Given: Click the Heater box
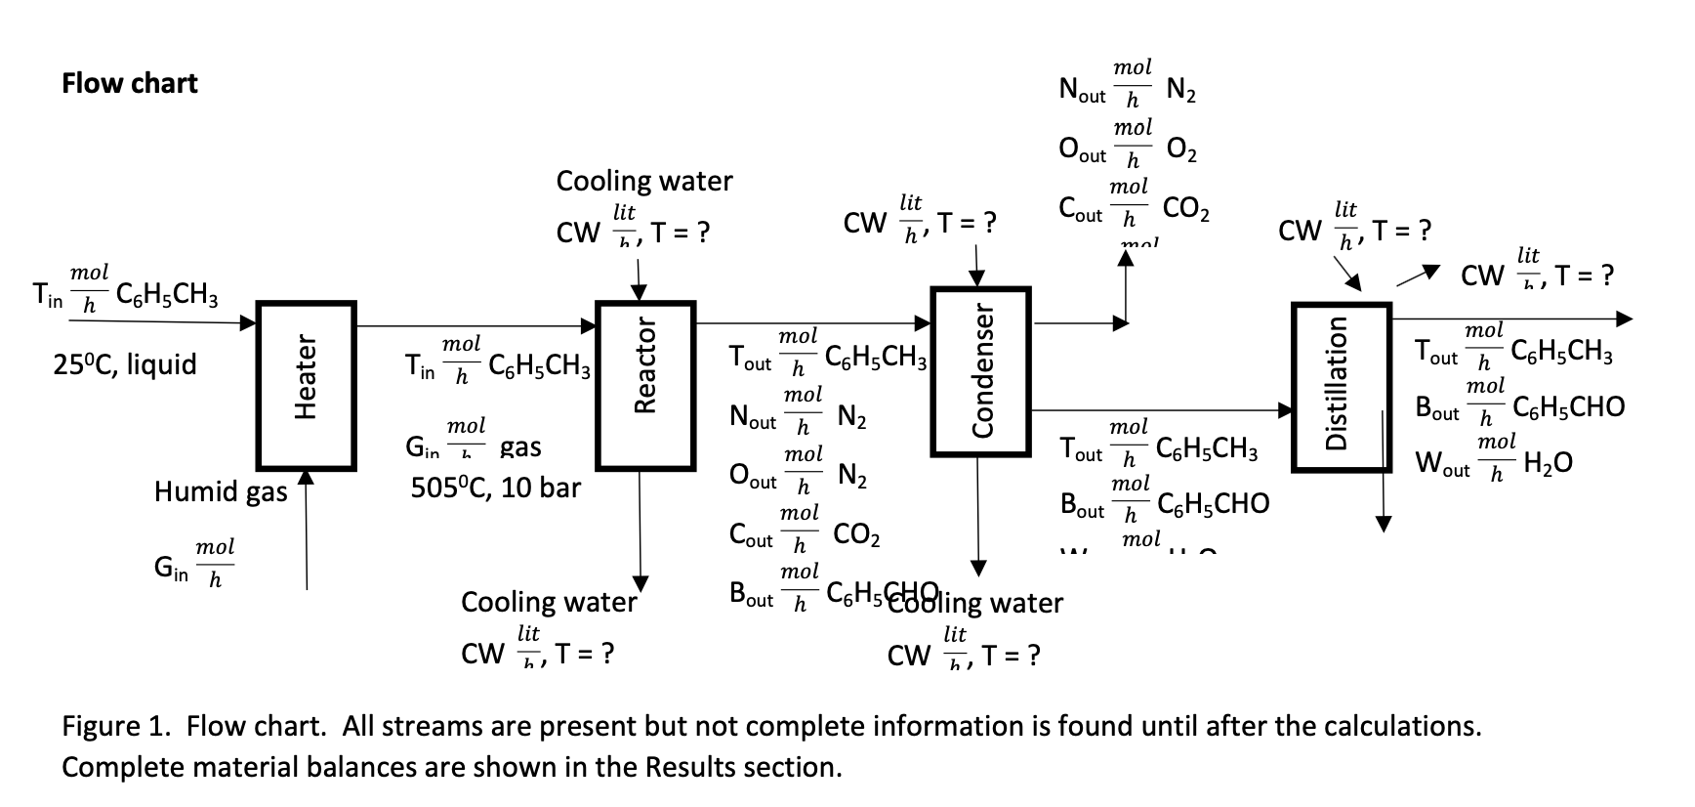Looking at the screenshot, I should pyautogui.click(x=306, y=386).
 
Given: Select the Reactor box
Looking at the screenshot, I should pyautogui.click(x=644, y=386).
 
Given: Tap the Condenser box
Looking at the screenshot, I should pyautogui.click(x=981, y=371).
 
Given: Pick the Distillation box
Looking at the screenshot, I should pyautogui.click(x=1341, y=387).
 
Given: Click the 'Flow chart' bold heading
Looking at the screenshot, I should pyautogui.click(x=129, y=83).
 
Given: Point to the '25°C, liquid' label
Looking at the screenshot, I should pyautogui.click(x=125, y=364).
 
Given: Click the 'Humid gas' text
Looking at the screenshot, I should pyautogui.click(x=221, y=490).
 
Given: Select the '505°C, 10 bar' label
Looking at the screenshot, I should pyautogui.click(x=495, y=488).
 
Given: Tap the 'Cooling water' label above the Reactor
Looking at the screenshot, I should pyautogui.click(x=643, y=181).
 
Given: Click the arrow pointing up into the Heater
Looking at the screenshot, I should pyautogui.click(x=306, y=528).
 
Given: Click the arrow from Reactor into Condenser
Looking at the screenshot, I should pyautogui.click(x=810, y=322).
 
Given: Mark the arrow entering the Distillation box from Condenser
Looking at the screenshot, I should pyautogui.click(x=1162, y=410).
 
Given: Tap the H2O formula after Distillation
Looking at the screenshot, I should pyautogui.click(x=1548, y=462).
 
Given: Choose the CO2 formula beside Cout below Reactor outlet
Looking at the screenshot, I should pyautogui.click(x=856, y=535).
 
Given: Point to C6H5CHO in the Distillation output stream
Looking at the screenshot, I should pyautogui.click(x=1568, y=406).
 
